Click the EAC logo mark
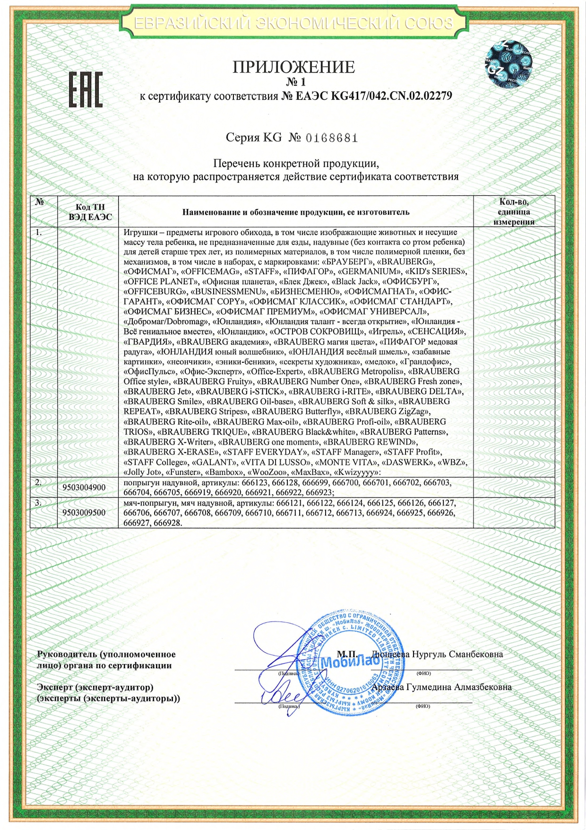point(86,90)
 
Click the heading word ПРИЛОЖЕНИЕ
point(293,67)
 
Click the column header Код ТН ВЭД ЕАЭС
point(90,212)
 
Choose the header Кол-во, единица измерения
point(514,212)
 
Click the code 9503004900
point(84,488)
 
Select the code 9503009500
point(84,513)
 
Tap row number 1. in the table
point(39,233)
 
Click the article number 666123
point(255,483)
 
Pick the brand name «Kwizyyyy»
point(357,472)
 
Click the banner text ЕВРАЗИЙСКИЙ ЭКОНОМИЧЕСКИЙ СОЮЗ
point(293,23)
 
